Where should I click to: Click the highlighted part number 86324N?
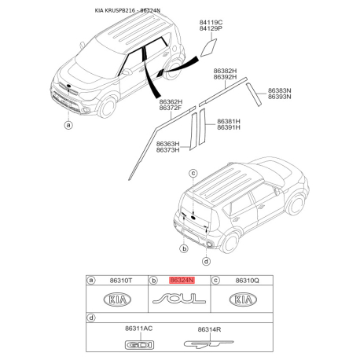pyautogui.click(x=182, y=280)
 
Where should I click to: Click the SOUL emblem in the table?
pyautogui.click(x=180, y=299)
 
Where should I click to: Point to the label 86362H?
pyautogui.click(x=171, y=101)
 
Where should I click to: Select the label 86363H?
pyautogui.click(x=167, y=144)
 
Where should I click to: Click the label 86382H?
pyautogui.click(x=226, y=71)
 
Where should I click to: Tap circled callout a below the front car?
pyautogui.click(x=68, y=124)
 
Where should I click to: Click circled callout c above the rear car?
pyautogui.click(x=192, y=171)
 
